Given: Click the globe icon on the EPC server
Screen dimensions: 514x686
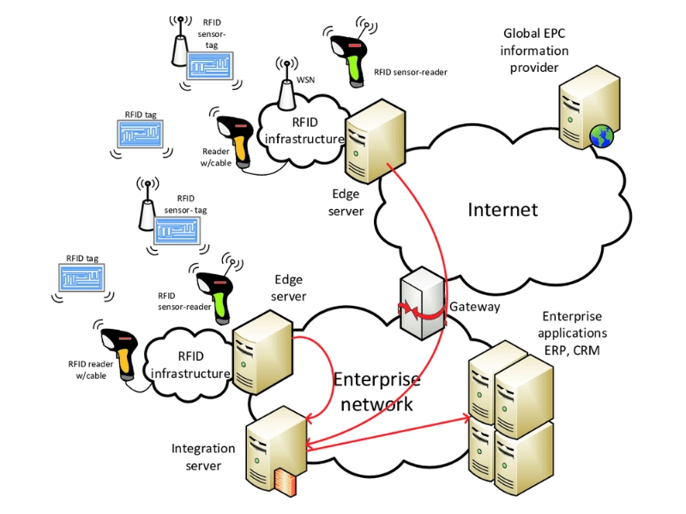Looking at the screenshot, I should (602, 134).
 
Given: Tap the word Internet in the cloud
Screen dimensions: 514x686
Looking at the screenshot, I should (502, 209).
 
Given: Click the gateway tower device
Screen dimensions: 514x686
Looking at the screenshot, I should (422, 301).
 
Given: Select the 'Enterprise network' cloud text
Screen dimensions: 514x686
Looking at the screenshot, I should (377, 391).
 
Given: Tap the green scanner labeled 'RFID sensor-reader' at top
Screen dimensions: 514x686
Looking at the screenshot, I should (348, 55).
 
